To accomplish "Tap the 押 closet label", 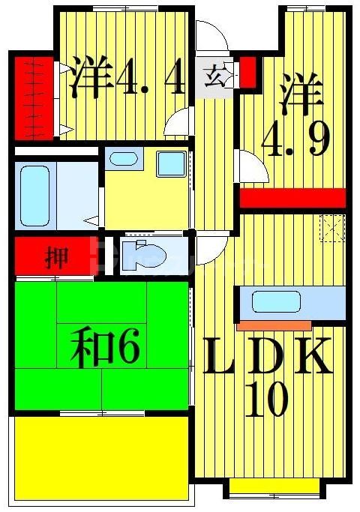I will coord(56,259).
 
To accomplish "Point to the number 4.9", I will coord(297,139).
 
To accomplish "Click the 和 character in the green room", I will coord(88,349).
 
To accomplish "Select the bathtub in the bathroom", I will coord(35,195).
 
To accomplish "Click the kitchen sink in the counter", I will coord(269,303).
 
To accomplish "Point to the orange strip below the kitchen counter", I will coord(274,326).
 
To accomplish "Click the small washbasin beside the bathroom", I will coord(122,159).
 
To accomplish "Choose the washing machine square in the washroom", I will coord(171,163).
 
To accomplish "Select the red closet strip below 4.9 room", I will coord(292,198).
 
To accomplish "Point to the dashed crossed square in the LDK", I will coord(332,226).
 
